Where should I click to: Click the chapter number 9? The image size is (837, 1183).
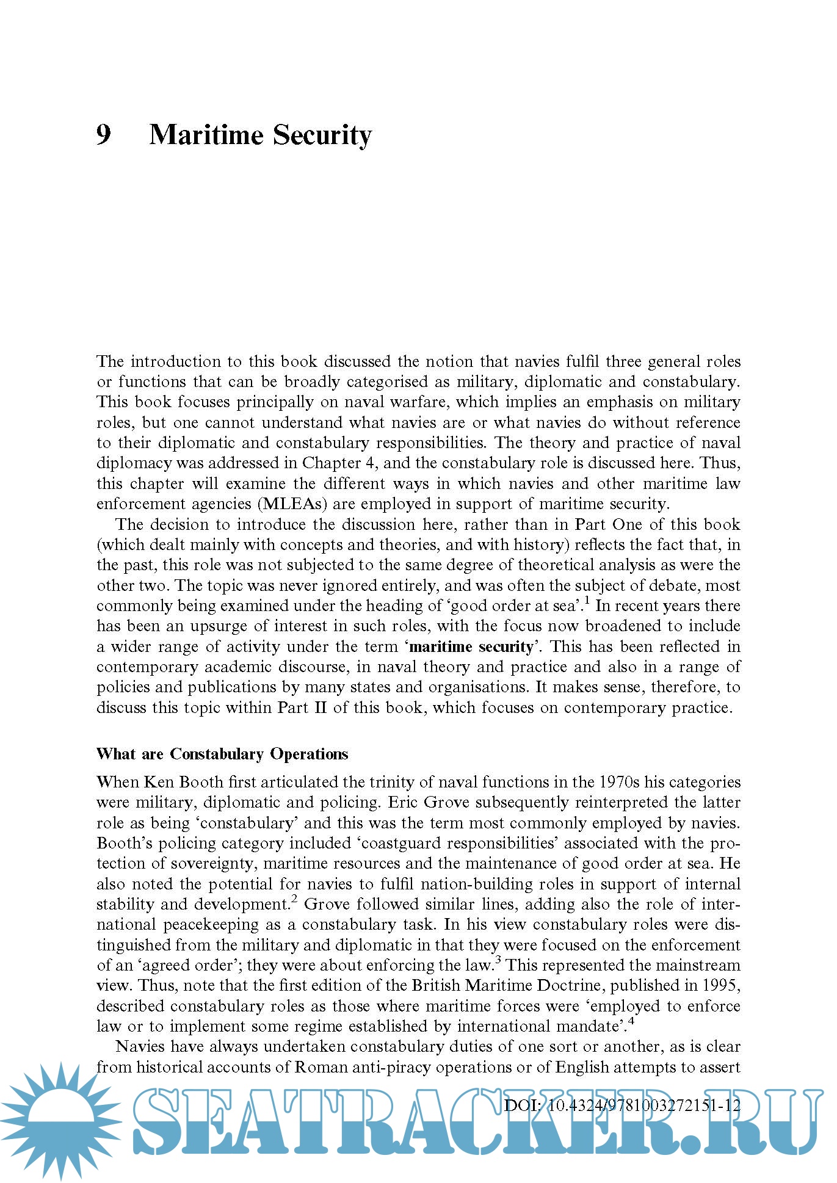(x=104, y=135)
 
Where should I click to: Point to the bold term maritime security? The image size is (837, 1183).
(x=471, y=646)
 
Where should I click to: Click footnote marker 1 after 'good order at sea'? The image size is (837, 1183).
(x=587, y=601)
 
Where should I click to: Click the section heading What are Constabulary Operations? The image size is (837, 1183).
(x=222, y=754)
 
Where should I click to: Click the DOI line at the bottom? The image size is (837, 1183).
(x=622, y=1105)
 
